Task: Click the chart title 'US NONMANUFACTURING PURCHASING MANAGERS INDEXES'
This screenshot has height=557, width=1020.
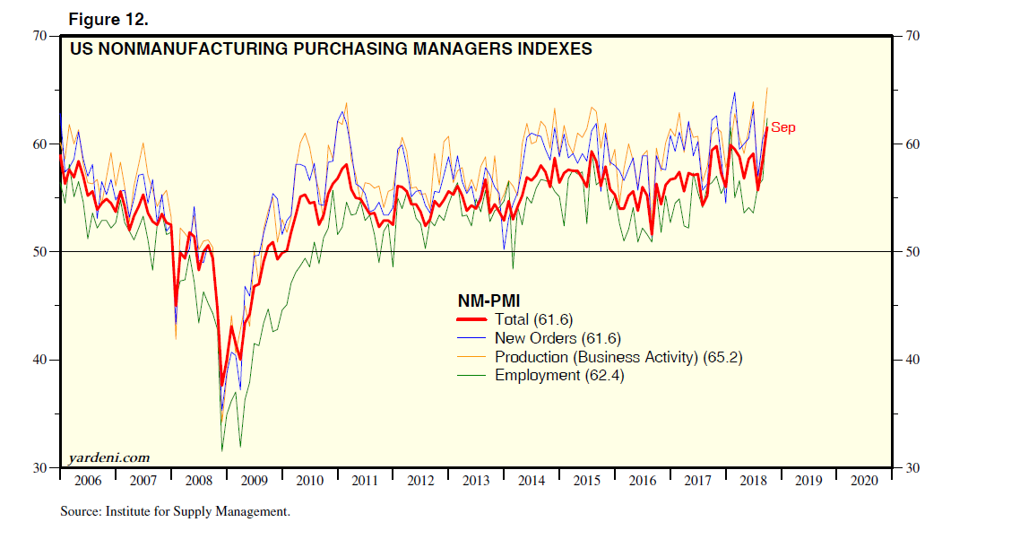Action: pos(331,49)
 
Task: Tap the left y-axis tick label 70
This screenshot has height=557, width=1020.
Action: pos(39,36)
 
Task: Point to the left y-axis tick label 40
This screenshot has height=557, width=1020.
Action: pos(39,360)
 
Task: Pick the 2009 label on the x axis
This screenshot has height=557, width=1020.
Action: pos(254,481)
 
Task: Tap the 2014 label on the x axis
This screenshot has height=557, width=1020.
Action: pos(532,481)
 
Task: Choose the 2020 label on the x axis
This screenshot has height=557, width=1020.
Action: pos(864,481)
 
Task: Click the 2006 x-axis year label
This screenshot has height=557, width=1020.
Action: pos(88,481)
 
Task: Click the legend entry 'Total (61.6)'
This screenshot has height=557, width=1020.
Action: pos(533,319)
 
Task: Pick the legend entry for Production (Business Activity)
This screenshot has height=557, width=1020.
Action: pos(618,357)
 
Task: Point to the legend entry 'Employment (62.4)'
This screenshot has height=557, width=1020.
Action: pos(559,375)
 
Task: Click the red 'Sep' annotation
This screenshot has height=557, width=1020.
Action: pos(783,127)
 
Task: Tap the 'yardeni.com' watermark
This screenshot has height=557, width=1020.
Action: pos(109,458)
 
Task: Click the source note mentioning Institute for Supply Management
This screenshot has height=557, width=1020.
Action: pos(176,512)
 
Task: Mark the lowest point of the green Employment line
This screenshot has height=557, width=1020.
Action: pos(222,450)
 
